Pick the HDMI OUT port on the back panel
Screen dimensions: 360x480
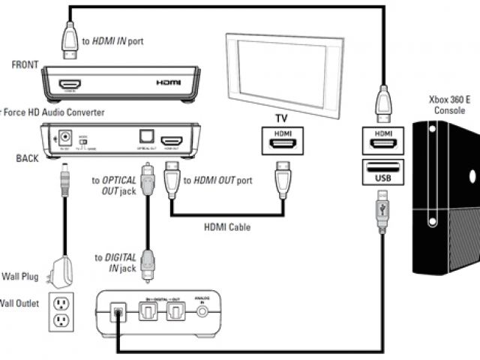tap(173, 141)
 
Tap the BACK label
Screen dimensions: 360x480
tap(26, 158)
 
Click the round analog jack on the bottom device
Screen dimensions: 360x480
tap(201, 312)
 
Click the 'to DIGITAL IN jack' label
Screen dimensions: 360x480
tap(113, 262)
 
